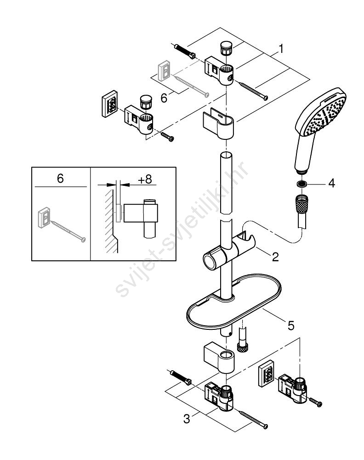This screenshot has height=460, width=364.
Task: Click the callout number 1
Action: pos(281,49)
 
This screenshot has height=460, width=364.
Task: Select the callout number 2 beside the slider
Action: pos(275,257)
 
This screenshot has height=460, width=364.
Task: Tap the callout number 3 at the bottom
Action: pos(187,419)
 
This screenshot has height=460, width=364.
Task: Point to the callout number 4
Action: pos(331,184)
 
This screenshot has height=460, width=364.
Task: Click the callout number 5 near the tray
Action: pos(291,325)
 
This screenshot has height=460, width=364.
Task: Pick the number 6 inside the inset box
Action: pos(60,178)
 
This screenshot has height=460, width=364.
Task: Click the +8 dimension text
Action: pos(145,179)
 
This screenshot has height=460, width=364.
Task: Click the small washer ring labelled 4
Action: pos(301,184)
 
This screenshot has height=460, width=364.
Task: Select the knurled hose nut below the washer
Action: pos(301,202)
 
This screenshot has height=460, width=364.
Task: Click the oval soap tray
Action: pos(233,302)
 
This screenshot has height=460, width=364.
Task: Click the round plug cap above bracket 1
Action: pos(225,48)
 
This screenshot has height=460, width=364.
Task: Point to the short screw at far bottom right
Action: pos(315,402)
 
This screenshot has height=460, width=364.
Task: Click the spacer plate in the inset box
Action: pos(44,217)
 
